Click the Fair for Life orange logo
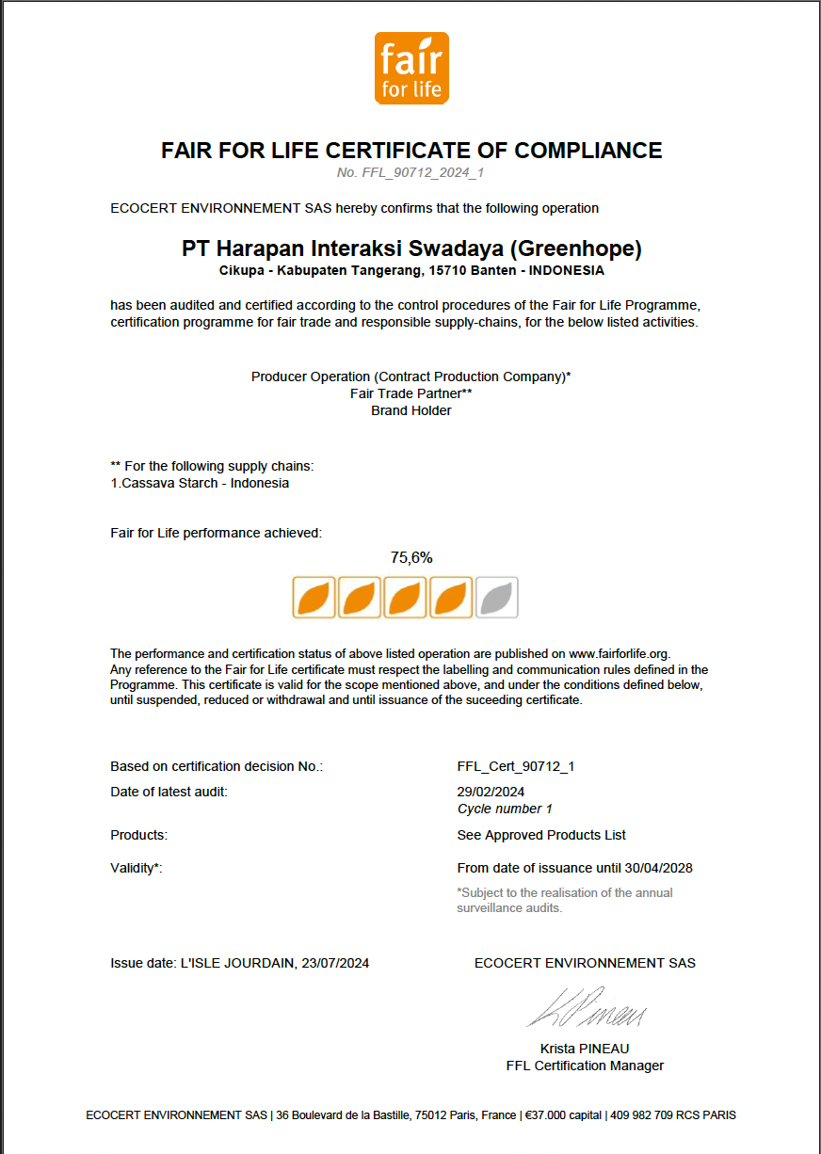click(x=411, y=68)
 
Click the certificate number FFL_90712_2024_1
click(x=410, y=172)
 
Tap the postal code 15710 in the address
click(x=448, y=270)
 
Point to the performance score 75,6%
click(x=411, y=557)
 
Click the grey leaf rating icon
click(x=496, y=598)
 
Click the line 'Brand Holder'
click(x=411, y=410)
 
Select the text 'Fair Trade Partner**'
click(x=411, y=393)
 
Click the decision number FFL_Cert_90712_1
click(x=515, y=766)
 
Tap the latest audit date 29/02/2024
click(x=491, y=792)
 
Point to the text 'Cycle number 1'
click(x=505, y=809)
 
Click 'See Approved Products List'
click(x=541, y=835)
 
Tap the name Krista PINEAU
click(x=585, y=1049)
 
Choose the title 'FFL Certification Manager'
click(x=585, y=1066)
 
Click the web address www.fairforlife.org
click(x=619, y=653)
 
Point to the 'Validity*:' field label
click(x=137, y=868)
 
